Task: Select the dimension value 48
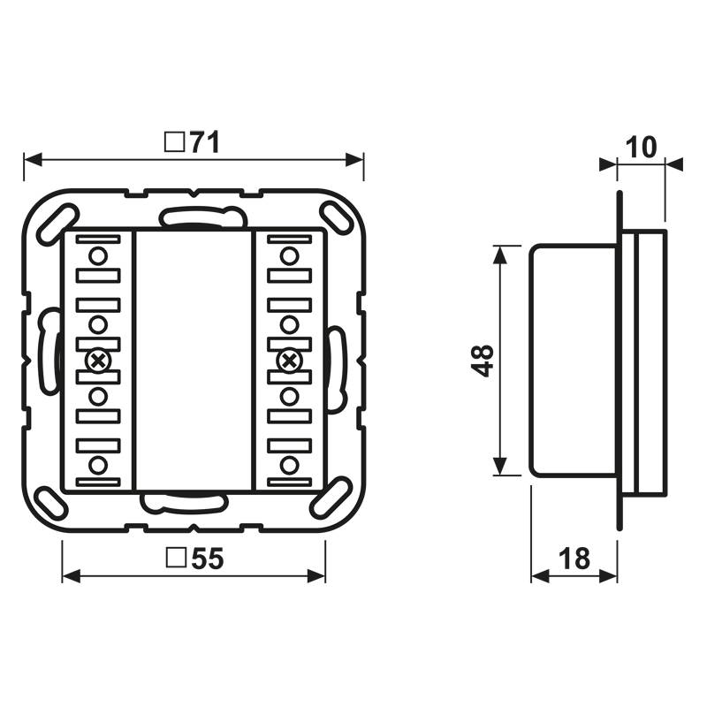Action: coord(483,361)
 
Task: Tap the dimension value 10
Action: coord(642,147)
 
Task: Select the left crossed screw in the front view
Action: coord(98,360)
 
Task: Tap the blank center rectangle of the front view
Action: coord(193,361)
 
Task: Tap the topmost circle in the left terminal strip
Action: coord(98,256)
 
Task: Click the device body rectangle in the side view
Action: coord(573,361)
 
